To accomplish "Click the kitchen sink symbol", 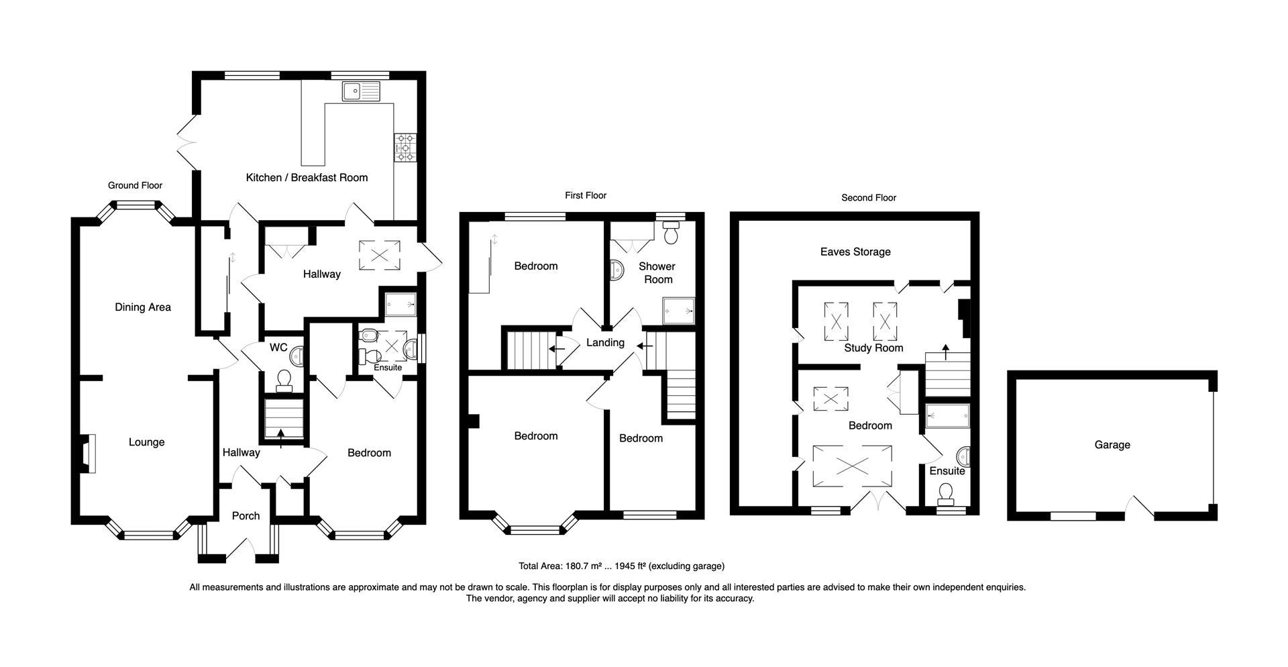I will [x=360, y=91].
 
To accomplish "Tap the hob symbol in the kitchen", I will [x=405, y=148].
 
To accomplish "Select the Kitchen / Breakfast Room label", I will [x=307, y=178].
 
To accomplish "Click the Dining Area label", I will [x=143, y=307].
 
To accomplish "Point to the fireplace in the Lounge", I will [x=87, y=454].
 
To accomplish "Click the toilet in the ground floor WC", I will [x=284, y=380].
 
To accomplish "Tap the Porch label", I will [x=246, y=516].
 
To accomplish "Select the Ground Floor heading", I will [x=136, y=185].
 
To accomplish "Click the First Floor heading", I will [x=585, y=195].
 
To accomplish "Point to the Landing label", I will [x=605, y=342].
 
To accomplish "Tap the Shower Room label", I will [x=657, y=272].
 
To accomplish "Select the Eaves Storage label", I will [x=855, y=252].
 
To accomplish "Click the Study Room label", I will [x=873, y=348].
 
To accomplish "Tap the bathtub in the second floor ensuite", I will [x=947, y=416].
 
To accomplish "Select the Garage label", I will [x=1112, y=445].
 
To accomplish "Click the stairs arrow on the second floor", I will [x=946, y=348].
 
